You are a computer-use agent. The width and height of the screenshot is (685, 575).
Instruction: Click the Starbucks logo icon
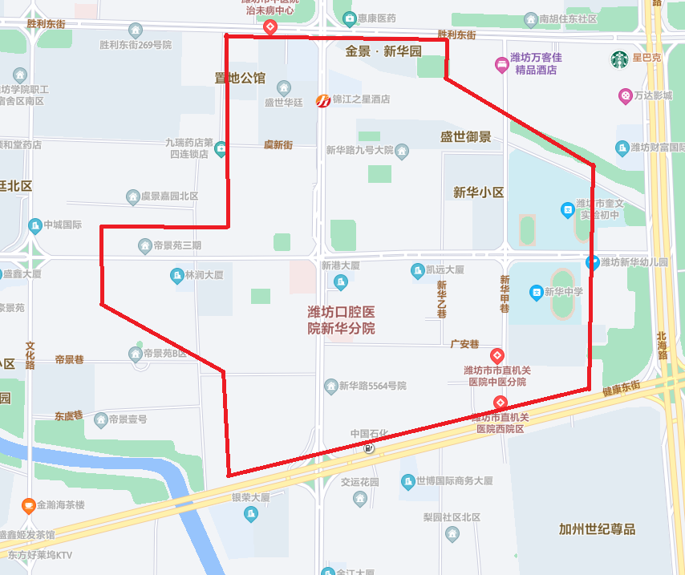click(619, 59)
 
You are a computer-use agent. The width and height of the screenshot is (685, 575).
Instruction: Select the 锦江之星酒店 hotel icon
click(322, 100)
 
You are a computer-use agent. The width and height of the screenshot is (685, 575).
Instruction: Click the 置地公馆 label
click(240, 78)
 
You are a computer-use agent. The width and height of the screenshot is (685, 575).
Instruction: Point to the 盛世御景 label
click(465, 137)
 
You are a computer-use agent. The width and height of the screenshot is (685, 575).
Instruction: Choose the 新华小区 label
click(478, 192)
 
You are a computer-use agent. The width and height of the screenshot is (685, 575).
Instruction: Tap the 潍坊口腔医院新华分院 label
click(341, 320)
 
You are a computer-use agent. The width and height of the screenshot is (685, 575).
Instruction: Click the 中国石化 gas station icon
click(368, 447)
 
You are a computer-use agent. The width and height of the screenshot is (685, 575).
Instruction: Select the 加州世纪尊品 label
click(597, 528)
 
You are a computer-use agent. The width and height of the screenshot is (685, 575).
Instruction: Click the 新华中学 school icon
click(536, 293)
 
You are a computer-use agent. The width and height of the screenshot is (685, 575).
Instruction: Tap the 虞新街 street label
click(278, 144)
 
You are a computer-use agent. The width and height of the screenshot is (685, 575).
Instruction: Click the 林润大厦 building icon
click(176, 276)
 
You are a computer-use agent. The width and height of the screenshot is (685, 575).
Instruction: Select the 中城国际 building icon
click(34, 225)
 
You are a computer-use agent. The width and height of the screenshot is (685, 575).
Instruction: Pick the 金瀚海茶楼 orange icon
click(29, 505)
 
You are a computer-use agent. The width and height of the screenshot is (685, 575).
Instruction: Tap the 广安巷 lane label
click(464, 344)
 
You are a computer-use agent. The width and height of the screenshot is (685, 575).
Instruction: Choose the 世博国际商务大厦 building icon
click(407, 481)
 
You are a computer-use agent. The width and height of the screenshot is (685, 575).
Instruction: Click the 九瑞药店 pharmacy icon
click(220, 148)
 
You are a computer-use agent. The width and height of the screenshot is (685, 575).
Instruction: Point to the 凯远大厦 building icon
click(417, 270)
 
